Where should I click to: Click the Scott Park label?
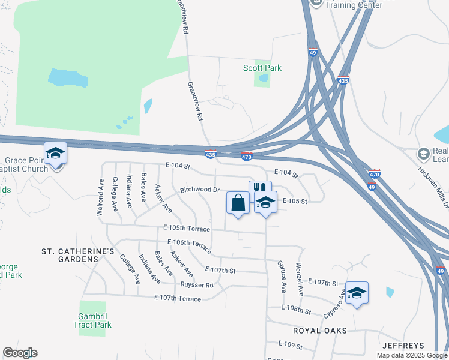tap(262, 68)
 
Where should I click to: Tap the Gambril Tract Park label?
tap(95, 320)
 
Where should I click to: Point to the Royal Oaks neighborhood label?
tap(316, 331)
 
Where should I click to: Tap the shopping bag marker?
tap(238, 203)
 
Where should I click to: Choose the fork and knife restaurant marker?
tap(260, 188)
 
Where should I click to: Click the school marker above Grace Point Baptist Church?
tap(55, 153)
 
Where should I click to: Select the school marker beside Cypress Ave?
tap(357, 293)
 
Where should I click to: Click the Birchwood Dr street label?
tap(200, 190)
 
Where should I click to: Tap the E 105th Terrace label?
tap(187, 229)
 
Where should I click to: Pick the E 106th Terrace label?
tap(189, 246)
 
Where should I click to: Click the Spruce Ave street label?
tap(282, 276)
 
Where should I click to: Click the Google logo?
tap(20, 353)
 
